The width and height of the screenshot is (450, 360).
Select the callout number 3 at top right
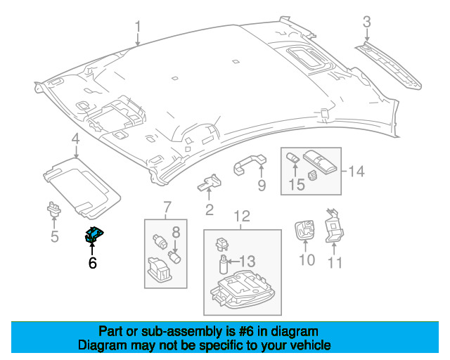[366, 23]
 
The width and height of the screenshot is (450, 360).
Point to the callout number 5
[54, 236]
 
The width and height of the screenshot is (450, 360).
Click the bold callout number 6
[92, 264]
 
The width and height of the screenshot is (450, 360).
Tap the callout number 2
[209, 210]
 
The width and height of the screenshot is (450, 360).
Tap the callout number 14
[357, 170]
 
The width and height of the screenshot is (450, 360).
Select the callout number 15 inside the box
[297, 185]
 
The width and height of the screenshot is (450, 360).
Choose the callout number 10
[307, 261]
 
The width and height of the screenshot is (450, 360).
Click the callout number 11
[335, 263]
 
